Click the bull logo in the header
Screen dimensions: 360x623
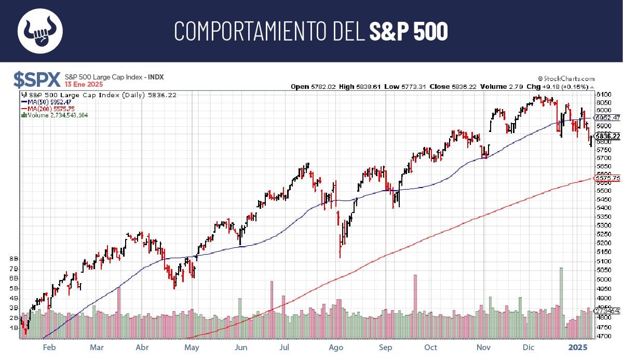[x=40, y=31]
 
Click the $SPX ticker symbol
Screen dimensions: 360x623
[x=36, y=79]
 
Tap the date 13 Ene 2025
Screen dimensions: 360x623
[x=84, y=84]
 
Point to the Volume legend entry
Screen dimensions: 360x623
[x=56, y=115]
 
